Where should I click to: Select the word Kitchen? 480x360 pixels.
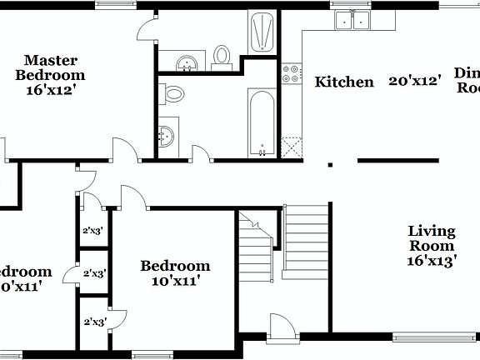pos(343,82)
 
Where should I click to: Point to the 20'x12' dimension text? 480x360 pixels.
pos(414,82)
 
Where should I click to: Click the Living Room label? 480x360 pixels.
pos(431,238)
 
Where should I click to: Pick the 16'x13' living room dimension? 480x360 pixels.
pos(431,260)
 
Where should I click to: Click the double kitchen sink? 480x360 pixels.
pos(352,21)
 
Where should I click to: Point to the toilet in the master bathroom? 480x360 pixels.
pos(222,56)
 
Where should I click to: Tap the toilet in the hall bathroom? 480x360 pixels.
pos(173,93)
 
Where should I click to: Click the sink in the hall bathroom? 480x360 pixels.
pos(167,135)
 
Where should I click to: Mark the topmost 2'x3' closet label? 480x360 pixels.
pos(92,231)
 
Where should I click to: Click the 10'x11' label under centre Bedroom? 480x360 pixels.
pos(175,281)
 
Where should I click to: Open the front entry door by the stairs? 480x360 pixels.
pos(280,327)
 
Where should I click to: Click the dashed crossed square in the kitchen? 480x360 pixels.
pos(291,147)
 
